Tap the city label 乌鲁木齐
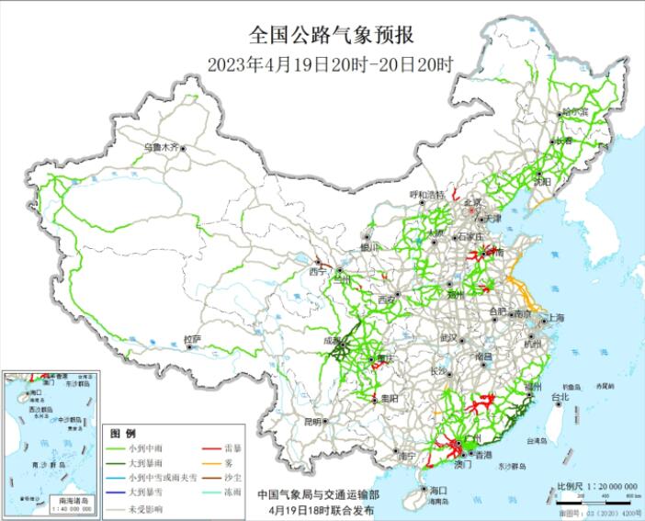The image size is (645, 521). click(162, 146)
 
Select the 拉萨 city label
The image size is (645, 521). click(191, 339)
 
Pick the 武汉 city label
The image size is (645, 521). click(448, 337)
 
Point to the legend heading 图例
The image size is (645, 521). click(123, 433)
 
